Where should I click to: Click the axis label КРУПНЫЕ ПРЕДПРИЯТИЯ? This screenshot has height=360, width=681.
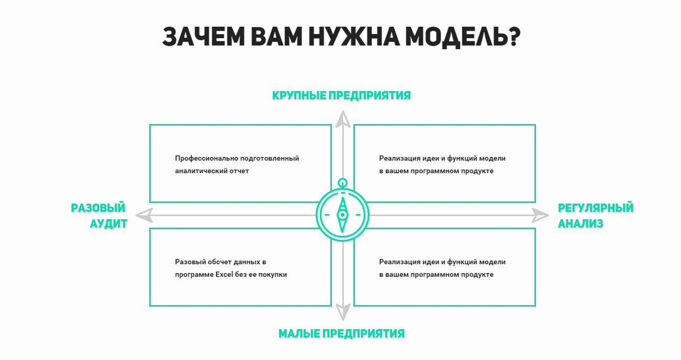tap(341, 95)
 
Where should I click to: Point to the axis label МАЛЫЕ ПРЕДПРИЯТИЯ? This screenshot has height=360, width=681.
tap(341, 333)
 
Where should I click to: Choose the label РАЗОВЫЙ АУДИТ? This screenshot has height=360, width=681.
tap(99, 216)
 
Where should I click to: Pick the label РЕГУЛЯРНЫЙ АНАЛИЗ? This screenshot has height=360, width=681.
tap(596, 216)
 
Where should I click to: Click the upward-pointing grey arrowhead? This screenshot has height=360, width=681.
tap(343, 119)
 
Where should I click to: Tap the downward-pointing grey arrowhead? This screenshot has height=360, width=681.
tap(343, 312)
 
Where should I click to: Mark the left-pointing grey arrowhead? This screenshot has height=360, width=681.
tap(144, 216)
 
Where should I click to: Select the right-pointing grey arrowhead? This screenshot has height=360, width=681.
tap(541, 216)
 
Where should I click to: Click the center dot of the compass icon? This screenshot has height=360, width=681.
tap(343, 215)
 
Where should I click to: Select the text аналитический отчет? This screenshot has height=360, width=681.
tap(212, 171)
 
